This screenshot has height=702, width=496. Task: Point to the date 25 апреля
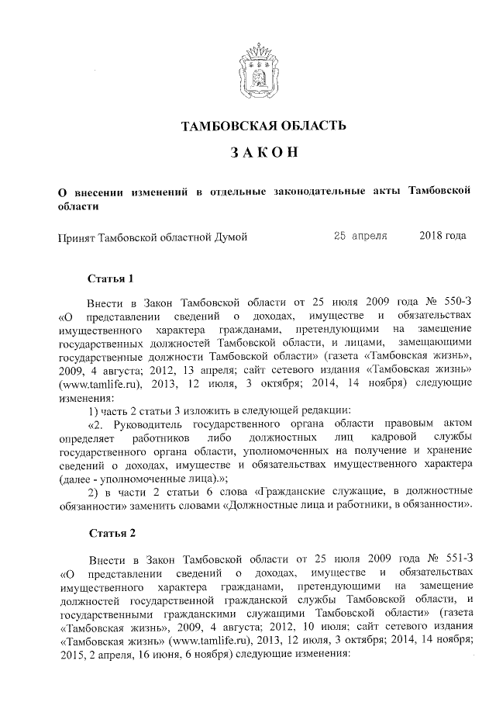pos(360,236)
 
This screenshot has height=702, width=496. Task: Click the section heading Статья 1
pos(114,278)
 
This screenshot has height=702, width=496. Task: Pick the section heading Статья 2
pos(114,534)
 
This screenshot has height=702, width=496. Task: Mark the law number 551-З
pos(451,558)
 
